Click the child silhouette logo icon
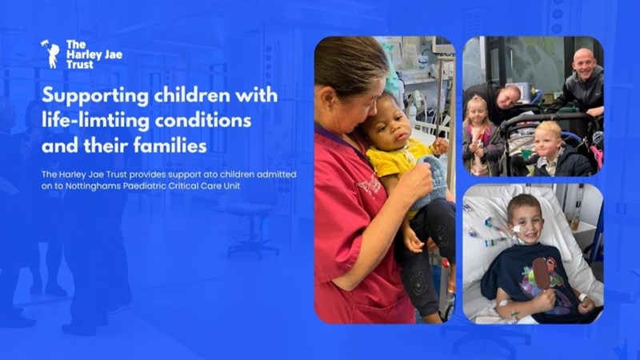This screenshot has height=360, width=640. (x=51, y=54)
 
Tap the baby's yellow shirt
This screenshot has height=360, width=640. (x=398, y=161)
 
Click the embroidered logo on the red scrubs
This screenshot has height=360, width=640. (x=370, y=186)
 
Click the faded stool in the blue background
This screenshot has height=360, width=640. (x=250, y=230)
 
